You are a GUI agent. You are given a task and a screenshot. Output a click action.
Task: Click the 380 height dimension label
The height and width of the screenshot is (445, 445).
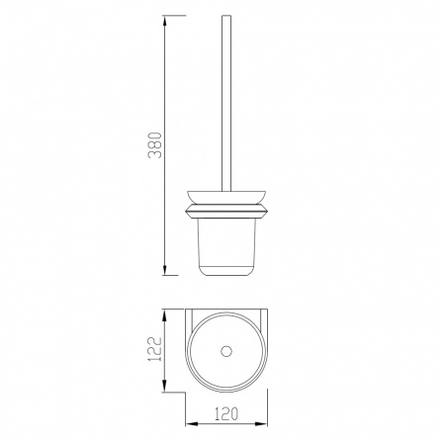click(155, 145)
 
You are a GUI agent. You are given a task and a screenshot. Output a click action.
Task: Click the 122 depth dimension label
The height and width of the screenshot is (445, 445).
click(155, 349)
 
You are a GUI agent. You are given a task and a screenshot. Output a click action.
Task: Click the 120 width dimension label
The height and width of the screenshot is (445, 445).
click(226, 414)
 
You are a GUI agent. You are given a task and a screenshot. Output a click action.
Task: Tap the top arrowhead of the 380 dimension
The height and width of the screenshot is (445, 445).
click(165, 22)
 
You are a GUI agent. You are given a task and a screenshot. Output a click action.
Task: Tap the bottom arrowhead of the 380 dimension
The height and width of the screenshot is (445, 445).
click(165, 269)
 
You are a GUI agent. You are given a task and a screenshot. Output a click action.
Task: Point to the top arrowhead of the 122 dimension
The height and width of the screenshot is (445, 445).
click(165, 315)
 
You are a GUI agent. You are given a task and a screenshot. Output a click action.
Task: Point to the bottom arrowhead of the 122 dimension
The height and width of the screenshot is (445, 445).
click(165, 386)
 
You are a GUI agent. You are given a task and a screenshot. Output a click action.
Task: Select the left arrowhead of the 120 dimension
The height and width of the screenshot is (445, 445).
click(192, 423)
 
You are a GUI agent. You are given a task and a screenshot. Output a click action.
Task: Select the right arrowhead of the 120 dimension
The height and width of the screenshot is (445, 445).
click(261, 423)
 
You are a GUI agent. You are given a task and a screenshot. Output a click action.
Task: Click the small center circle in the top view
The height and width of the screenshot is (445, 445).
click(226, 351)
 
